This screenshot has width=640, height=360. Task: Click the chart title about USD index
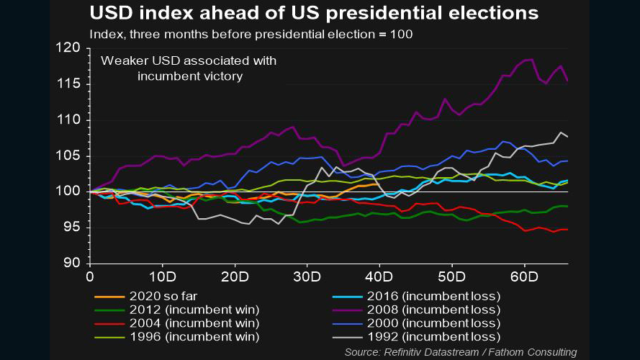point(314,13)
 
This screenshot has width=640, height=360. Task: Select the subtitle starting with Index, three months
point(251,34)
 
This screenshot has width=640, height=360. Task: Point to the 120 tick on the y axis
point(70,48)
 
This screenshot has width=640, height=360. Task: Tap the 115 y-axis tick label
point(70,84)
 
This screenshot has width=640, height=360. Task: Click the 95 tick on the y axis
point(73,228)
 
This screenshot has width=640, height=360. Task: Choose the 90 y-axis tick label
point(73,264)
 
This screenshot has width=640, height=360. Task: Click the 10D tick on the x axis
point(162,276)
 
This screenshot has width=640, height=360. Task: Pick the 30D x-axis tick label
point(307,276)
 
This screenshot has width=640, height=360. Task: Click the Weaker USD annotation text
point(189,68)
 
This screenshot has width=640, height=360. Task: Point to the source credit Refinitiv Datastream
point(461,352)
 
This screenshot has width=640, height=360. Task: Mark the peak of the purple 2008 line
point(531,59)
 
